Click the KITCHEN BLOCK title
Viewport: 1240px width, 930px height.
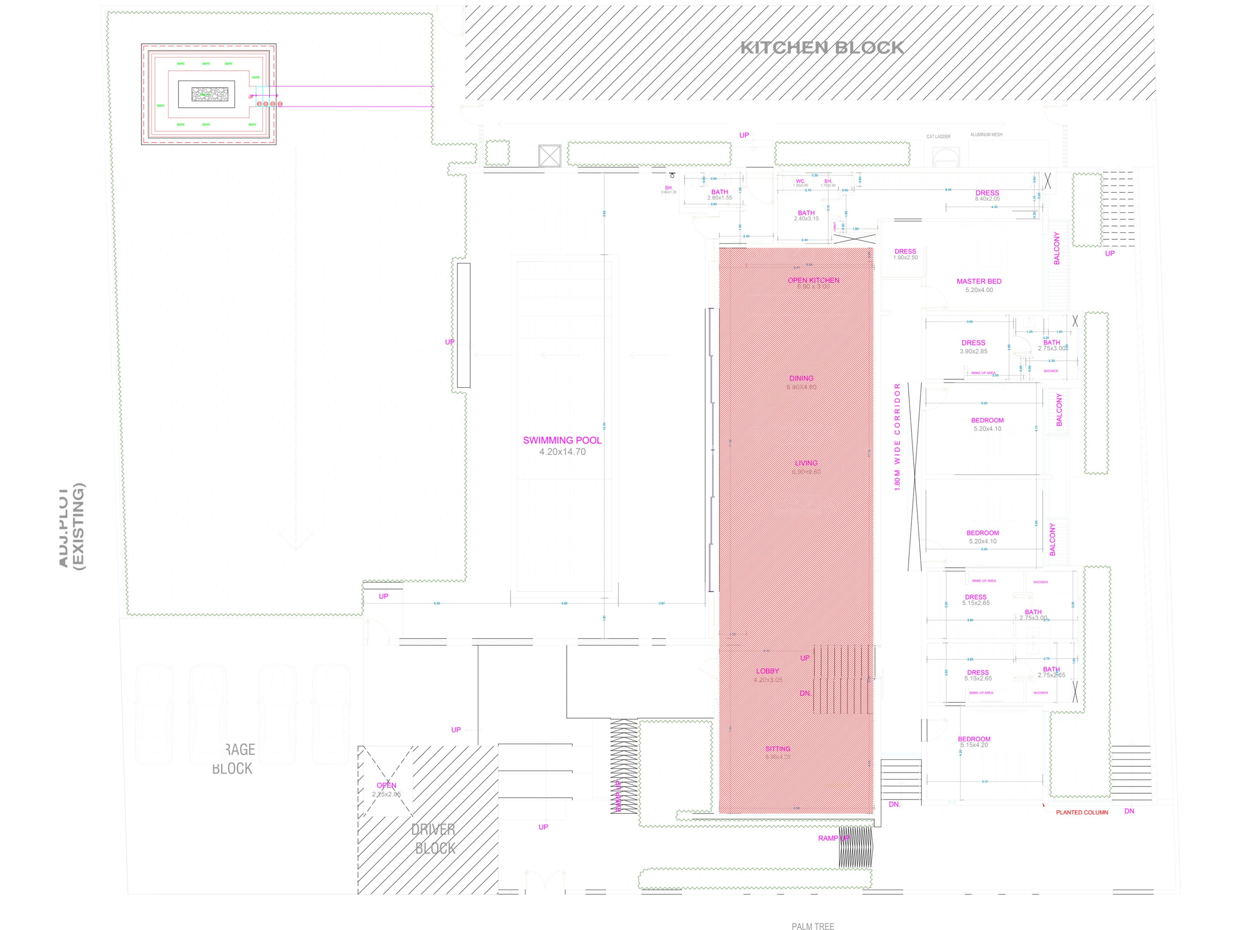tap(822, 48)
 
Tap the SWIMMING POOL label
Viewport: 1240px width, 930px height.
tap(562, 440)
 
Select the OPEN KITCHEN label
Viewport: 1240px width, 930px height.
tap(813, 280)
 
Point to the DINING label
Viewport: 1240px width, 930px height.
tap(801, 378)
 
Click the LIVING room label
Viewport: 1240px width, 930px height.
tap(806, 463)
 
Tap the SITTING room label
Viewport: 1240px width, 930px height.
tap(778, 748)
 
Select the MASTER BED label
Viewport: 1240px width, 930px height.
tap(979, 281)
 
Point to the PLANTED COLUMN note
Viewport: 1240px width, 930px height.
tap(1082, 812)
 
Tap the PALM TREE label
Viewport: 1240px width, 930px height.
tap(813, 927)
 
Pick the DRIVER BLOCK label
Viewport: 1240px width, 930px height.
tap(433, 839)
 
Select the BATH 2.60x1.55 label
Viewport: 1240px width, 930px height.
tap(720, 194)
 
